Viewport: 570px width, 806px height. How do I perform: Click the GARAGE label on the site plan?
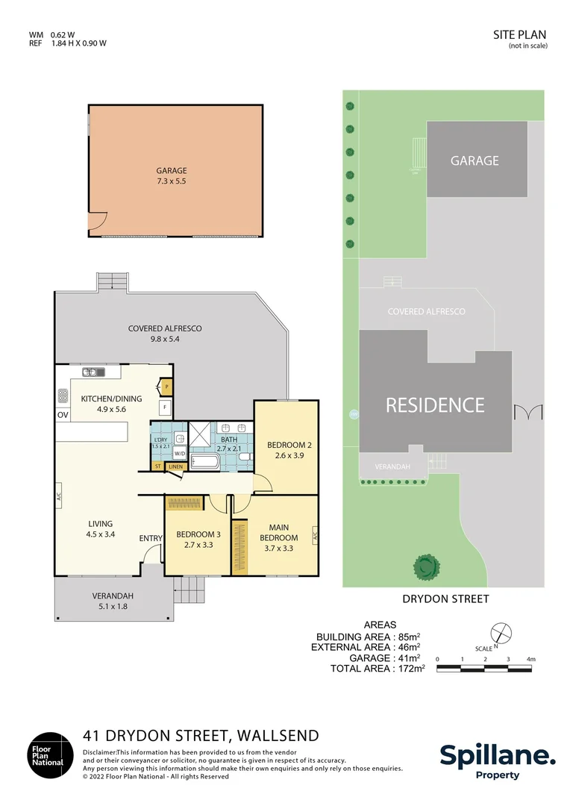pos(475,160)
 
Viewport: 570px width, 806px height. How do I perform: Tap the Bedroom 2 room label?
pos(289,446)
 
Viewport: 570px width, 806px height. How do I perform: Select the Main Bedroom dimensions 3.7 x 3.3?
pos(278,548)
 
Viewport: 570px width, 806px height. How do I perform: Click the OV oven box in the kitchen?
pos(62,415)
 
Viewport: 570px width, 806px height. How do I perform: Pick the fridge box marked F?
pos(163,407)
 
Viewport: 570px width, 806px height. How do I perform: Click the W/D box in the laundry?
pos(179,453)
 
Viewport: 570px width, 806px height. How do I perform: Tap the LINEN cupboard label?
pos(175,466)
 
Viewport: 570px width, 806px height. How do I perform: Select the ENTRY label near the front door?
pos(150,538)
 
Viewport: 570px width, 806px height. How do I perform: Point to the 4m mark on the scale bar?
pos(530,659)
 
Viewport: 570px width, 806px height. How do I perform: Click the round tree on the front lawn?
pos(426,566)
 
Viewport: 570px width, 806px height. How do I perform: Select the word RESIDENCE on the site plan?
pos(435,405)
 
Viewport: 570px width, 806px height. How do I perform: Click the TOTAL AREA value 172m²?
pos(410,669)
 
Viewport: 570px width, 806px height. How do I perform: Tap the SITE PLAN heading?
pos(519,34)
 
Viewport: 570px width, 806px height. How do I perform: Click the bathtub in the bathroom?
pos(204,463)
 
